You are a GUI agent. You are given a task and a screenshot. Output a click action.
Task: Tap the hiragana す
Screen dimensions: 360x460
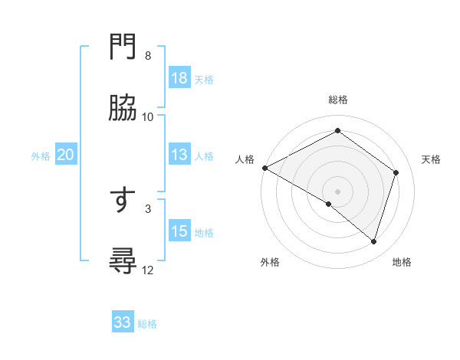[123, 200]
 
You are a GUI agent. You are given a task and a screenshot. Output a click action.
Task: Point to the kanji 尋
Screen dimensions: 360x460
[123, 262]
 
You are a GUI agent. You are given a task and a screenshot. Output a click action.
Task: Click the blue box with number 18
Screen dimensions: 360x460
[179, 78]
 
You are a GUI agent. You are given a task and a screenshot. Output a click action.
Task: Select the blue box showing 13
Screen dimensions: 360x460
[179, 155]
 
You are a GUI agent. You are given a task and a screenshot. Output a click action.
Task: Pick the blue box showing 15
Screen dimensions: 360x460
[179, 231]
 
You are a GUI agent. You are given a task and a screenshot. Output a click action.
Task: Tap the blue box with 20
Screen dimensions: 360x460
[66, 155]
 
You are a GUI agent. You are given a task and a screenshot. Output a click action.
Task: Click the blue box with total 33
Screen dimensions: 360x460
[123, 322]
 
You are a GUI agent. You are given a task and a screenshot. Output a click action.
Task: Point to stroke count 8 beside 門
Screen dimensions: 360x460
[148, 56]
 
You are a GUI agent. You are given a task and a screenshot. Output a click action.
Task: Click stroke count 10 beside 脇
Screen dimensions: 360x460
[148, 117]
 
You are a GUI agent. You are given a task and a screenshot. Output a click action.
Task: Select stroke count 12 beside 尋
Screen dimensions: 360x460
[148, 270]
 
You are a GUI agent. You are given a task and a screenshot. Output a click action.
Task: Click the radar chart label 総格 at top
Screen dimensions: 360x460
[338, 100]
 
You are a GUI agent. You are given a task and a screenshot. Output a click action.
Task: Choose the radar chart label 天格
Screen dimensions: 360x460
[431, 159]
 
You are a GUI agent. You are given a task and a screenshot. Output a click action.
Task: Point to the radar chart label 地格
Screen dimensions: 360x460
[402, 262]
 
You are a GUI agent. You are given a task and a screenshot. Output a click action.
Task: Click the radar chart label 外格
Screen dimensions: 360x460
[270, 262]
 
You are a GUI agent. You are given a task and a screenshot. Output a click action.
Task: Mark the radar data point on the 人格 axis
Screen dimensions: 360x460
[264, 168]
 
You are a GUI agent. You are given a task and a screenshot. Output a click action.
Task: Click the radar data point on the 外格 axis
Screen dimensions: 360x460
[329, 204]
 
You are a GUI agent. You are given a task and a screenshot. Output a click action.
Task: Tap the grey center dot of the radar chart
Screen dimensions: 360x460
[338, 191]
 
